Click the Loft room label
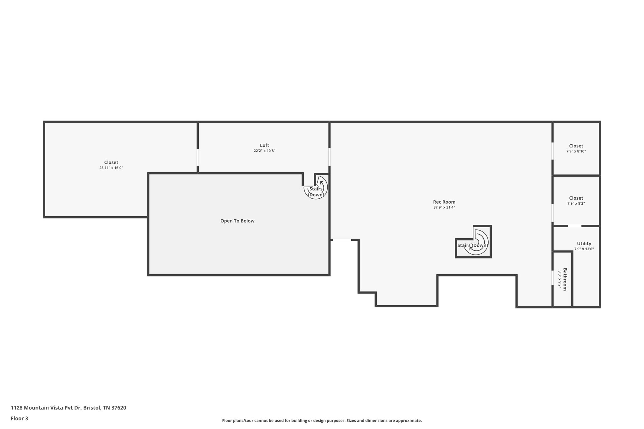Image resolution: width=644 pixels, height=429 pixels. (264, 145)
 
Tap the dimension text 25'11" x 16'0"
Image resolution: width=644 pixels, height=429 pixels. (111, 168)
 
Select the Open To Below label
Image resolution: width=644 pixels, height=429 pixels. (237, 221)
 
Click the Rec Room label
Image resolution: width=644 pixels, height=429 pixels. (444, 202)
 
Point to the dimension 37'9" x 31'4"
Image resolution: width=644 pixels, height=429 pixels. (444, 207)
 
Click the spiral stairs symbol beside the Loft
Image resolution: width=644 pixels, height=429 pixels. (316, 189)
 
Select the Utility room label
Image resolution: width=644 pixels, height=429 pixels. (584, 244)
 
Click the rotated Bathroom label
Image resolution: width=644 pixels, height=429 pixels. (565, 279)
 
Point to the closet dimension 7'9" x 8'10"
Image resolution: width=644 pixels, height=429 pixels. (576, 151)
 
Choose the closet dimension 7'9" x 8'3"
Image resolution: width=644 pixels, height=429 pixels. (576, 203)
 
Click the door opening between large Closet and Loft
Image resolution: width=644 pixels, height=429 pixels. (198, 157)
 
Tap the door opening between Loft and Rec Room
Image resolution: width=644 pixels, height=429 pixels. (329, 157)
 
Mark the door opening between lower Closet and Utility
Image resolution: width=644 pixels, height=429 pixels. (575, 226)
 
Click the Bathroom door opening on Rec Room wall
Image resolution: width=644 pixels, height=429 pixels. (552, 278)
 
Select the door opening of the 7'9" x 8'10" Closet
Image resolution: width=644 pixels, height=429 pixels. (552, 151)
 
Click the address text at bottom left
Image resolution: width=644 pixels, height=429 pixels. (68, 408)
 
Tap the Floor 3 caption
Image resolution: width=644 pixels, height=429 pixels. (19, 418)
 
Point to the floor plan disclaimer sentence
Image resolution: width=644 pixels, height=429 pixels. (322, 421)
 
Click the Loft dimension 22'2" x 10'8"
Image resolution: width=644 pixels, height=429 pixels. (264, 151)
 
